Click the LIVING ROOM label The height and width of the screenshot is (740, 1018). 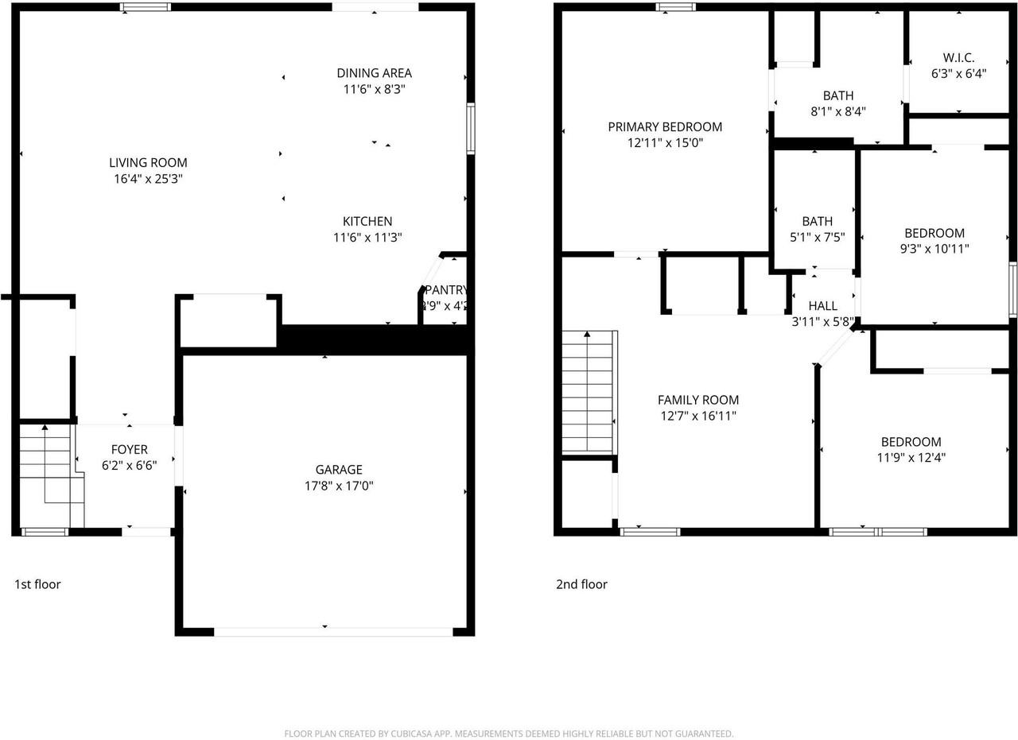[x=148, y=163]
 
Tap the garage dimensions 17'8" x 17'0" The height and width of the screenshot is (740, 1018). [x=339, y=485]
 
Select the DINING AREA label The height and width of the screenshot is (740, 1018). [x=374, y=73]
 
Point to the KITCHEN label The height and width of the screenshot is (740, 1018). [x=367, y=221]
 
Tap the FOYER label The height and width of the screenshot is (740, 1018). [x=129, y=450]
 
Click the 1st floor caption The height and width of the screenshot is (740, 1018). [x=37, y=584]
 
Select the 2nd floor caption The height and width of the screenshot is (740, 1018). [x=581, y=584]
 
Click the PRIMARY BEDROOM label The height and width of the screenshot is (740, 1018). [x=665, y=126]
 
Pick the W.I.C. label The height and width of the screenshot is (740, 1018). [x=958, y=58]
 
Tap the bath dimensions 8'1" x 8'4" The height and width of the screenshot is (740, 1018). [x=837, y=111]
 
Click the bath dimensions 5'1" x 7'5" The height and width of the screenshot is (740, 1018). [x=817, y=237]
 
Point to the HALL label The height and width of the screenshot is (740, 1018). [x=822, y=306]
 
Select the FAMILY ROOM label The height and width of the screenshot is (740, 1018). [x=697, y=400]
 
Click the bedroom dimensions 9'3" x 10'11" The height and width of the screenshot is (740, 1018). [x=934, y=248]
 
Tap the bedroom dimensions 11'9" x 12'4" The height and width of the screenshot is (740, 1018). [x=911, y=457]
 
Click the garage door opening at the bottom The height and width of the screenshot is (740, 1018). [x=333, y=632]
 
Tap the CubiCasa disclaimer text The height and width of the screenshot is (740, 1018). [x=508, y=734]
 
